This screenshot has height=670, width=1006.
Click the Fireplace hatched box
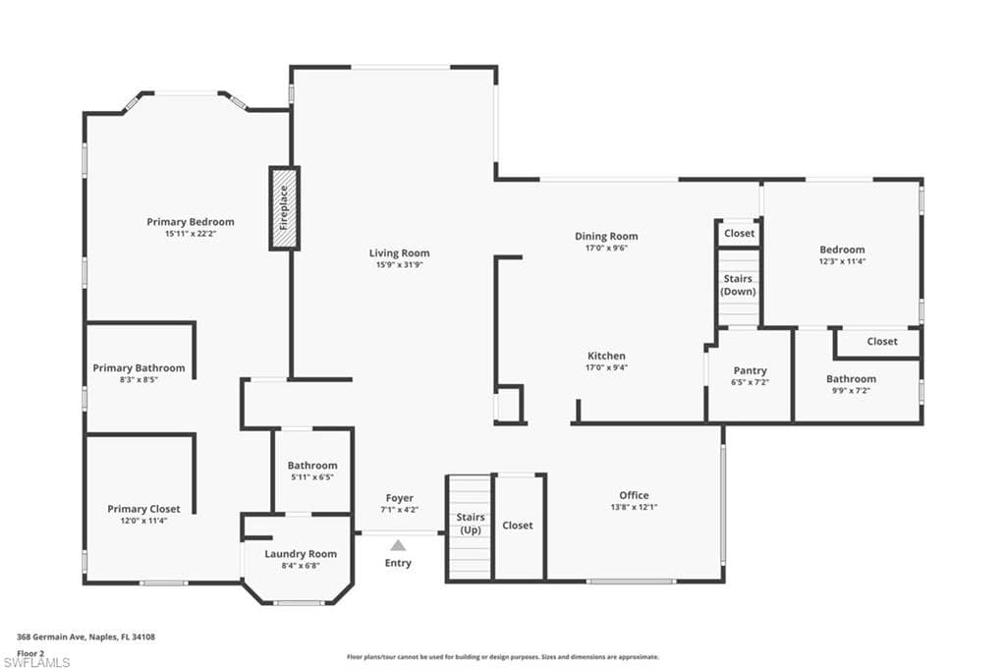pyautogui.click(x=284, y=208)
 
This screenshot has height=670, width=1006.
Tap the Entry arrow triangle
pyautogui.click(x=398, y=545)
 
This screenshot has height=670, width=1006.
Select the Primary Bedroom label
pyautogui.click(x=191, y=222)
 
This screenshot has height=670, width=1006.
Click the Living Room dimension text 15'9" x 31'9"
pyautogui.click(x=402, y=265)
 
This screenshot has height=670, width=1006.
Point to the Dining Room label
pyautogui.click(x=606, y=236)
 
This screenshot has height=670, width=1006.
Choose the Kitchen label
pyautogui.click(x=606, y=356)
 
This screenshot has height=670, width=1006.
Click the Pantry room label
pyautogui.click(x=750, y=370)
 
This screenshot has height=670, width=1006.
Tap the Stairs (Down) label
pyautogui.click(x=738, y=285)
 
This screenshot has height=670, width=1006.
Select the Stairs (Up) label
pyautogui.click(x=470, y=524)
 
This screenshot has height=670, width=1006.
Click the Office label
pyautogui.click(x=634, y=495)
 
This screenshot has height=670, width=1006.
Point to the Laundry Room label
pyautogui.click(x=301, y=554)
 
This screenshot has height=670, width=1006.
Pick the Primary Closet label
pyautogui.click(x=143, y=509)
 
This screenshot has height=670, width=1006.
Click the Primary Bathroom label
pyautogui.click(x=139, y=368)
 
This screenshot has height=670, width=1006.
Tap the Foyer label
pyautogui.click(x=399, y=498)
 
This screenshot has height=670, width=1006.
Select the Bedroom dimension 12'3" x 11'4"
pyautogui.click(x=842, y=262)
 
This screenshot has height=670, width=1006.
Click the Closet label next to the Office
pyautogui.click(x=518, y=526)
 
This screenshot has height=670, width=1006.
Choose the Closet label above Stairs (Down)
pyautogui.click(x=739, y=234)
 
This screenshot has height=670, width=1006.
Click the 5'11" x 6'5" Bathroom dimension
pyautogui.click(x=312, y=477)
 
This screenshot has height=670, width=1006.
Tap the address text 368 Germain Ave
pyautogui.click(x=86, y=638)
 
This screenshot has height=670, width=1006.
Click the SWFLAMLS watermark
pyautogui.click(x=37, y=662)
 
